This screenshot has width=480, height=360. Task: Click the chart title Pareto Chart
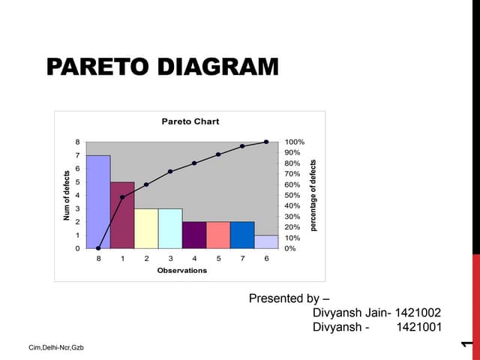point(190,121)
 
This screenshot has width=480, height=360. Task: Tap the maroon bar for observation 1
point(122,214)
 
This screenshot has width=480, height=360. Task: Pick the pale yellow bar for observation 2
point(146,228)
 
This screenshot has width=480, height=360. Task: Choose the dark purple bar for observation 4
point(194,235)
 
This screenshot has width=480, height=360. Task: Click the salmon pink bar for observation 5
point(218,235)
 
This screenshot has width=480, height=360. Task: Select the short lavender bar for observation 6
point(266,241)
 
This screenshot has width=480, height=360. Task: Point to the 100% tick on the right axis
point(295,142)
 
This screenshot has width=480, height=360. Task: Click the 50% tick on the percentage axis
point(293,195)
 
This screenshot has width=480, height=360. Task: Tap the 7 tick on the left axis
point(77,155)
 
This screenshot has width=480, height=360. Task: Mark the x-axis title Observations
point(182,270)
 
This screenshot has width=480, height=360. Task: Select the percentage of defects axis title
point(313,195)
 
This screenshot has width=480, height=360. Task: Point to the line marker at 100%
point(266,142)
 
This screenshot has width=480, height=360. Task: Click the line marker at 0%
point(98,248)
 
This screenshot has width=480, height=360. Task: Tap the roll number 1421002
point(416,313)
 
